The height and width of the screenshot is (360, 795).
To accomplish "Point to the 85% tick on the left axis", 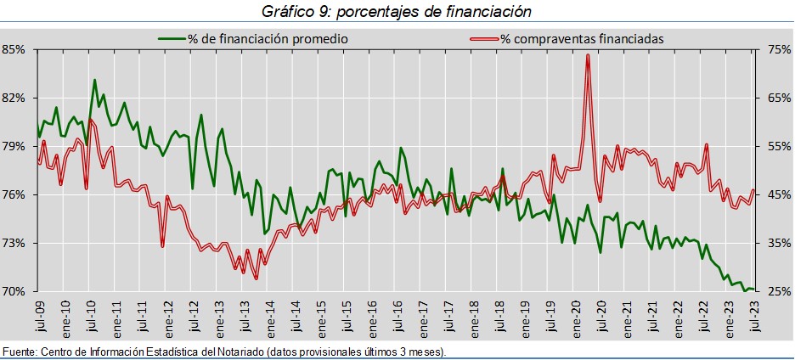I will click(14, 49).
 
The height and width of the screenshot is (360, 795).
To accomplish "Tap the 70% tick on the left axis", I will click(14, 291).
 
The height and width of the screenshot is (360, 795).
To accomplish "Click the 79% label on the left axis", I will click(14, 146).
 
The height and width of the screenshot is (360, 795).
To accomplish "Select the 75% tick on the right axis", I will click(779, 49).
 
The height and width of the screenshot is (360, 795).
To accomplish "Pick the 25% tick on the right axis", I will click(779, 291).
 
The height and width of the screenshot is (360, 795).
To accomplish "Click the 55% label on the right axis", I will click(779, 146).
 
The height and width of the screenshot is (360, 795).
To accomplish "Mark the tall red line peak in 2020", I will click(588, 56).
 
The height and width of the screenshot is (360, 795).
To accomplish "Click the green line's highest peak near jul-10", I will click(94, 81).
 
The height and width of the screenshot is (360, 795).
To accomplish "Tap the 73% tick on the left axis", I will click(14, 243).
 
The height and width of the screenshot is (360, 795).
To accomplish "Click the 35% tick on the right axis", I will click(779, 243).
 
